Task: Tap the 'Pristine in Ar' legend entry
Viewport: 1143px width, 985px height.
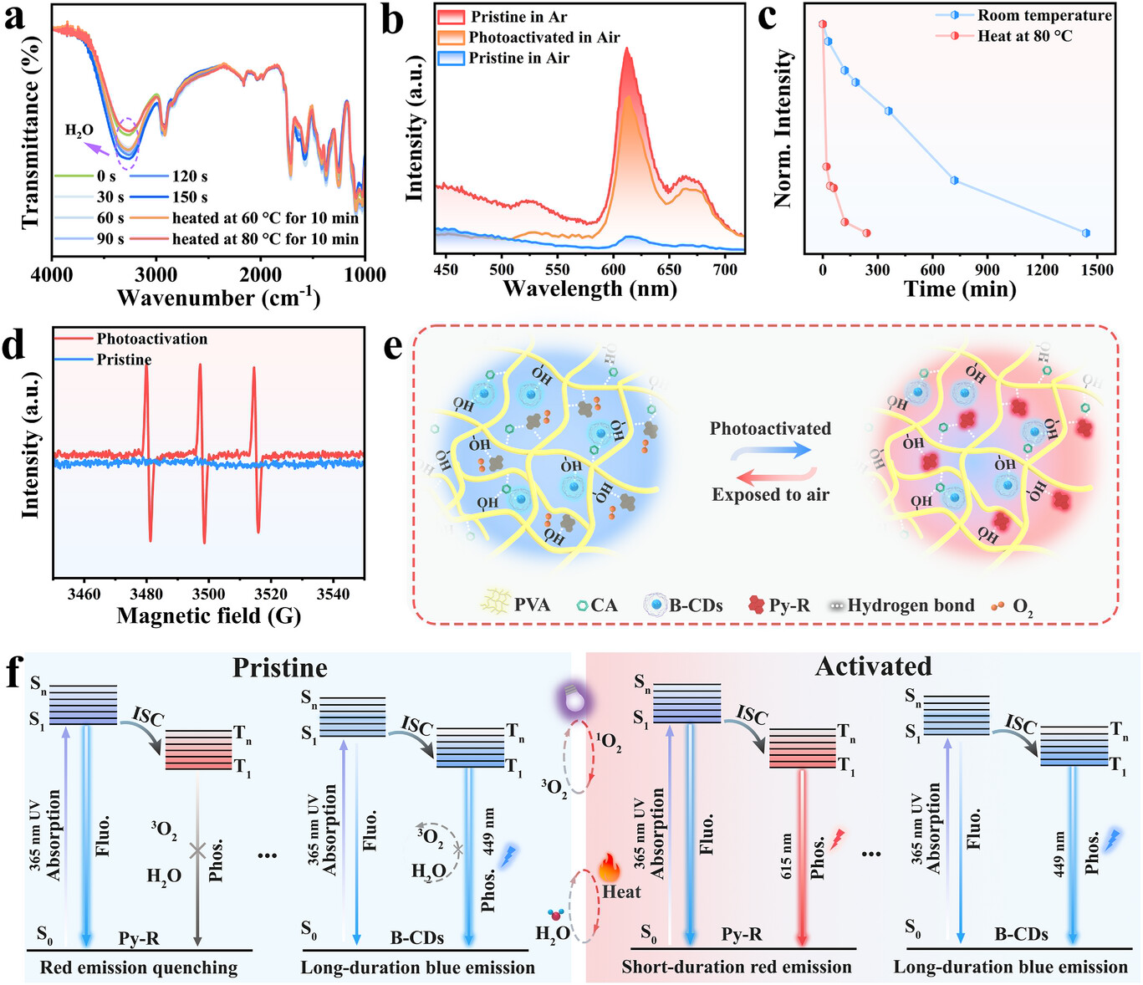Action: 518,17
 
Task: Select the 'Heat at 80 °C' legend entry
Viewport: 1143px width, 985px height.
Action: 1024,36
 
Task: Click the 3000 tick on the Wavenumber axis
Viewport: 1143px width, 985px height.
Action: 156,275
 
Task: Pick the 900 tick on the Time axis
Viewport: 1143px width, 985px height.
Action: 987,270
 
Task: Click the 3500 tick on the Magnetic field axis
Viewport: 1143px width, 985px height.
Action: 208,594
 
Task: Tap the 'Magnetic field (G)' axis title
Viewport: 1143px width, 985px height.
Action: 208,616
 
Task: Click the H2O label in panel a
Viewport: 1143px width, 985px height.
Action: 79,130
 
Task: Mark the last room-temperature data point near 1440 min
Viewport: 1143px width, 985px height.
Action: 1085,233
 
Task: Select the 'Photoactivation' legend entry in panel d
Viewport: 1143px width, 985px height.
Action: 151,339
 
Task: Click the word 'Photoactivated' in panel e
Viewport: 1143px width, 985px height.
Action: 770,429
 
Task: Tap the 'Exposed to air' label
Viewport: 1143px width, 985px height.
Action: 770,494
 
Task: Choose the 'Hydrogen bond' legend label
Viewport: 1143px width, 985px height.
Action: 911,605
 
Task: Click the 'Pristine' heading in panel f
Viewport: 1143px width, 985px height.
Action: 280,668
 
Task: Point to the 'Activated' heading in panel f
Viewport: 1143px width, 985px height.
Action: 873,666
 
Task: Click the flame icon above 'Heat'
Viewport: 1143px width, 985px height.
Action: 607,868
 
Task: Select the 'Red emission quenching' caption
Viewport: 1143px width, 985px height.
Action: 139,967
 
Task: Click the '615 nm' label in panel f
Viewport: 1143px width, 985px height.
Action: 787,855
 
